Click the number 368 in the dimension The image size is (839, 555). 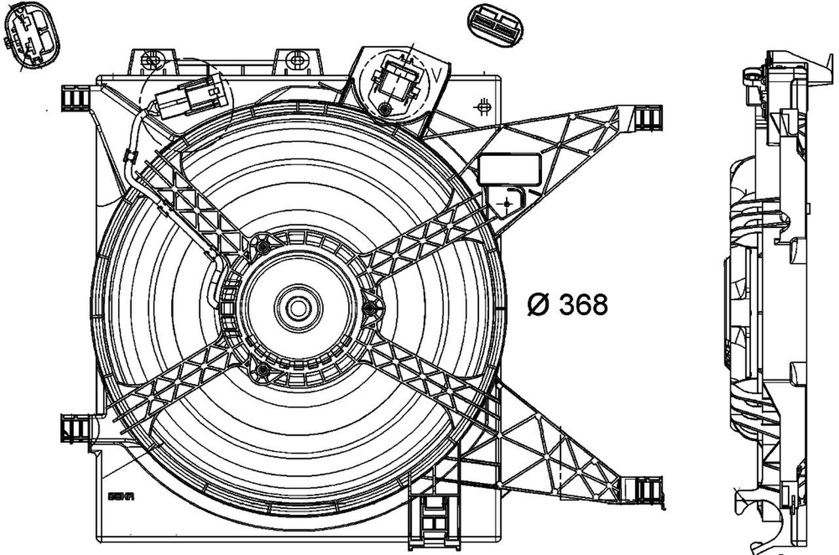(583, 304)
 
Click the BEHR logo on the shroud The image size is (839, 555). (121, 496)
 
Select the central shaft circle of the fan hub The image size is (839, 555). (298, 307)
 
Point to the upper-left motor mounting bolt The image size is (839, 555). (263, 246)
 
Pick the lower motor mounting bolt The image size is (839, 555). (263, 371)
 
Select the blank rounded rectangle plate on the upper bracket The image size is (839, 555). (510, 168)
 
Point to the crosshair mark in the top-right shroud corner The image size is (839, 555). (484, 107)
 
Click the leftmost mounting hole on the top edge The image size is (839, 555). (151, 61)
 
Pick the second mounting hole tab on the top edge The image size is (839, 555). (297, 61)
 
